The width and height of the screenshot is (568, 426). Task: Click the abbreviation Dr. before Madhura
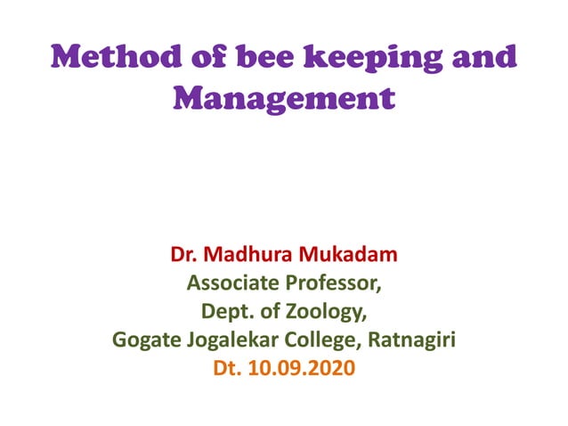pyautogui.click(x=184, y=257)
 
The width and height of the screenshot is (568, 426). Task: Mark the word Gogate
pyautogui.click(x=144, y=340)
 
